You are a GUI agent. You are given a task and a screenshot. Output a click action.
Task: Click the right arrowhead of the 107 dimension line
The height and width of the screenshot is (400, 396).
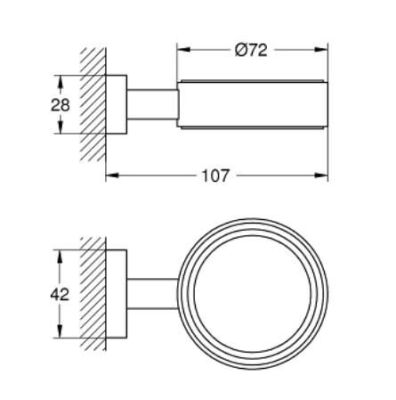(325, 176)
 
